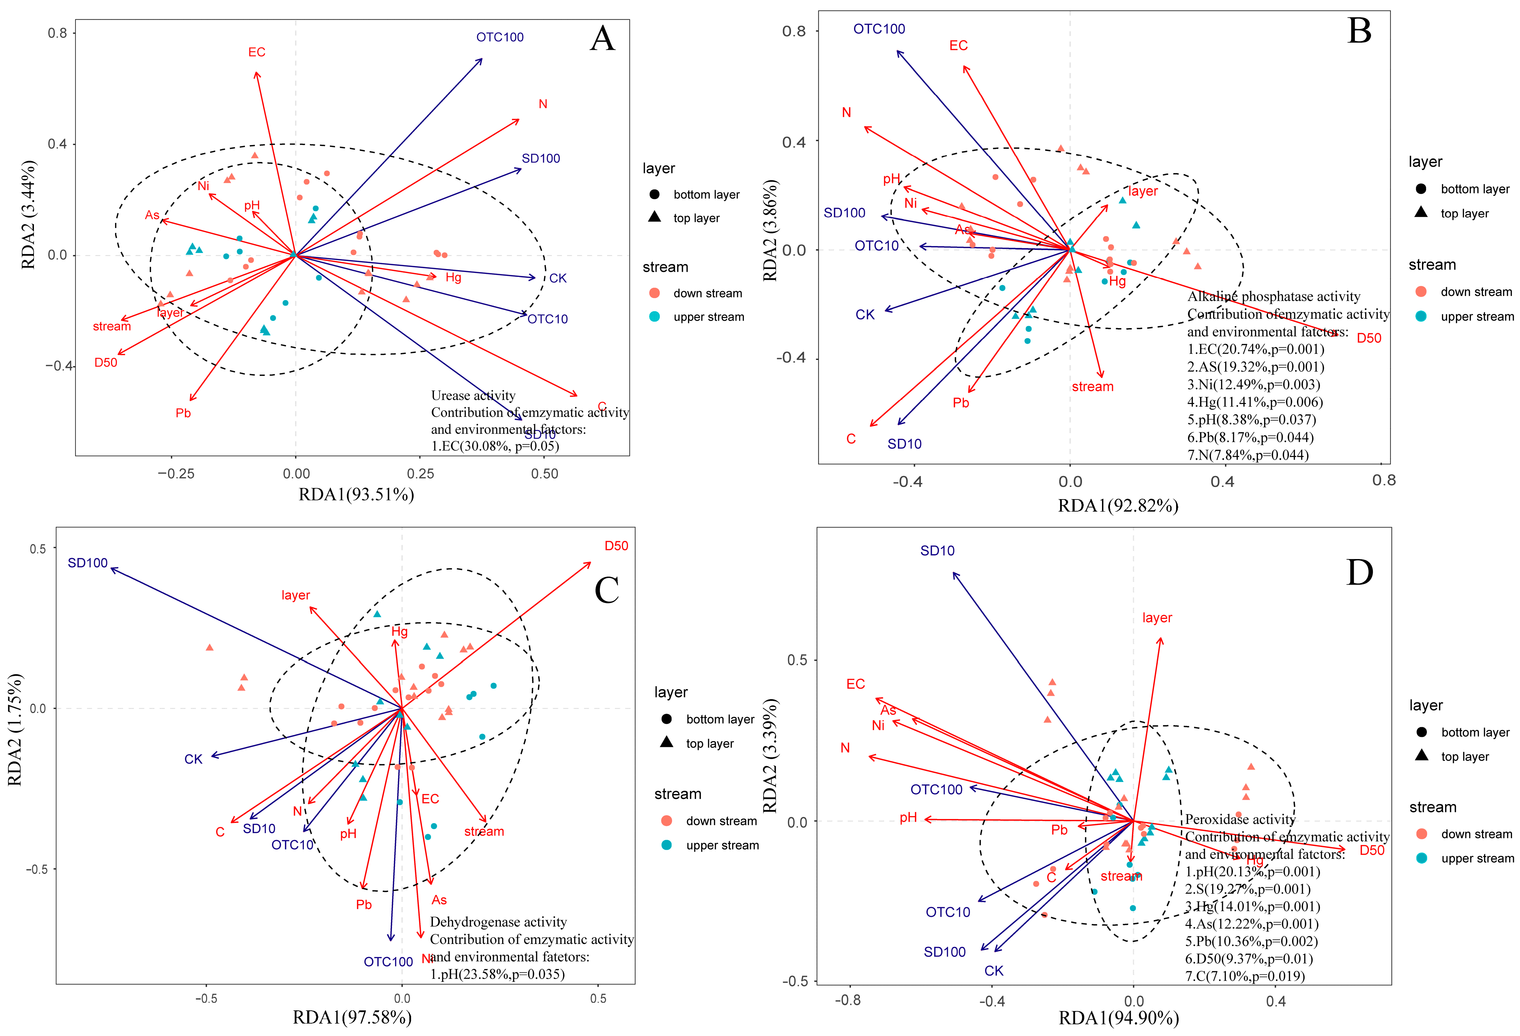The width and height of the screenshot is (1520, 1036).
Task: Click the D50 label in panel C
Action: [x=616, y=546]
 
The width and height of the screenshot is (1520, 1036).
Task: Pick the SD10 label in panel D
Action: [x=937, y=551]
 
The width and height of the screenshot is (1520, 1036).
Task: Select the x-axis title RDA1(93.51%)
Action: [x=356, y=495]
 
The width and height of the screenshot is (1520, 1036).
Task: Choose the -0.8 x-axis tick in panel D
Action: [x=848, y=1001]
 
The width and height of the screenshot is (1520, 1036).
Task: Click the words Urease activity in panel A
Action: [x=473, y=395]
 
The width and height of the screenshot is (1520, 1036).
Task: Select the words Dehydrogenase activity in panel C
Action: [x=498, y=922]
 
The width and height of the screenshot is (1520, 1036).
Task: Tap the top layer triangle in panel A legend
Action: [x=654, y=217]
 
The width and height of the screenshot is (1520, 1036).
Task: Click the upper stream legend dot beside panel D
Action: [x=1421, y=858]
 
